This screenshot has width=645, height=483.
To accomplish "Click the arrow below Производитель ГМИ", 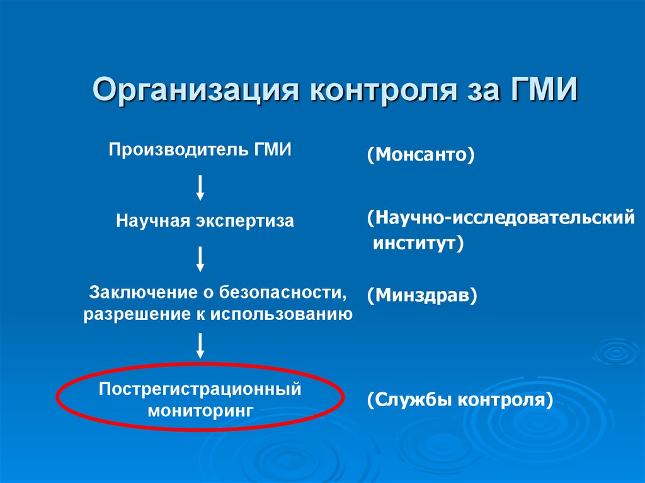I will point(200,187).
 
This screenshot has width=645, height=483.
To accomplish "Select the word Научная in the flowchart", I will point(149,222).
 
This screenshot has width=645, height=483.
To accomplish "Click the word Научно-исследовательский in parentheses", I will point(501,219).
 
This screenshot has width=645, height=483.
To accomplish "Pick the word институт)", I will point(418,244).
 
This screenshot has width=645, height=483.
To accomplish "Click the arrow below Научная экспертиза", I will point(200,258).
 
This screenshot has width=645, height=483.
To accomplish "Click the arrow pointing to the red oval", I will point(200,346).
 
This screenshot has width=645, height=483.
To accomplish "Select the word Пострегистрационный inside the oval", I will point(200,389).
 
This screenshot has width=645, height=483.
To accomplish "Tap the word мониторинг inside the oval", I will point(200,410).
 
